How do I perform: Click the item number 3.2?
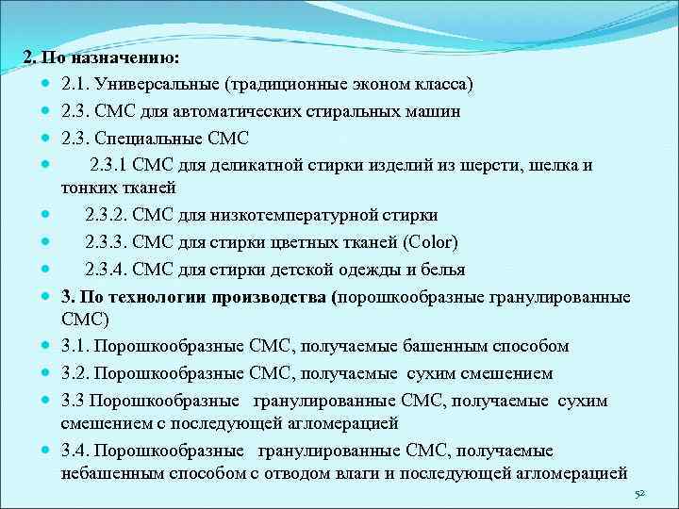[75, 373]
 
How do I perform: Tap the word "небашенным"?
[109, 473]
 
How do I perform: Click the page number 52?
[639, 494]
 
